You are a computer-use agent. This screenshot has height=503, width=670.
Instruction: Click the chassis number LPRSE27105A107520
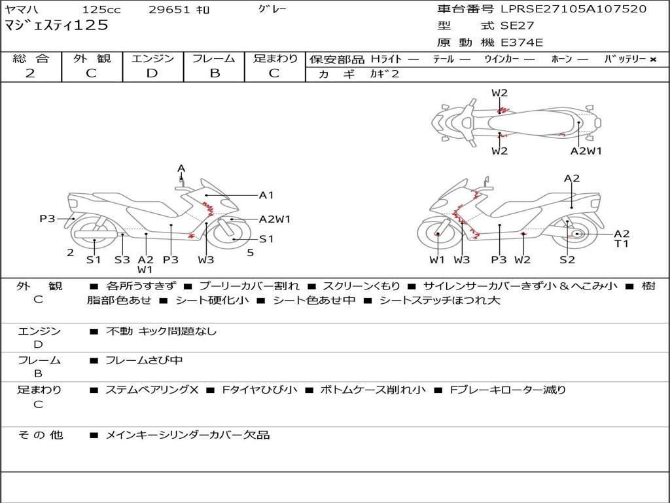[x=573, y=9]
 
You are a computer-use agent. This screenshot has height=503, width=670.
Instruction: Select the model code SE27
[x=517, y=26]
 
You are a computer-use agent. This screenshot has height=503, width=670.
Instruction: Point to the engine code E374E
[x=522, y=43]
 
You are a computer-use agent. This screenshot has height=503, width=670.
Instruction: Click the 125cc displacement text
[x=101, y=10]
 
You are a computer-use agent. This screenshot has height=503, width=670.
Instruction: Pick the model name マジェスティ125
[x=56, y=26]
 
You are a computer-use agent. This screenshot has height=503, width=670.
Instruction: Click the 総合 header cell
[x=31, y=58]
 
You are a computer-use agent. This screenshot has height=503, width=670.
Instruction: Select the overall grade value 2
[x=30, y=73]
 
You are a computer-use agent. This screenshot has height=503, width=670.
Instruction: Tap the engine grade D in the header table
[x=152, y=73]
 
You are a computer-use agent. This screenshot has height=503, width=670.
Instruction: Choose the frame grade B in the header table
[x=214, y=73]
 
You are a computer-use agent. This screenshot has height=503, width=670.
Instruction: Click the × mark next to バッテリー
[x=652, y=59]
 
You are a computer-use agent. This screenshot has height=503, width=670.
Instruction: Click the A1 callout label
[x=266, y=195]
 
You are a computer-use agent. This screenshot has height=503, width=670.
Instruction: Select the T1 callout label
[x=621, y=244]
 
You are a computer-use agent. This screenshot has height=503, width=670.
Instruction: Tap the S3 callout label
[x=122, y=259]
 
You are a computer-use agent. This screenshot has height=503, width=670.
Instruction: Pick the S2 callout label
[x=567, y=259]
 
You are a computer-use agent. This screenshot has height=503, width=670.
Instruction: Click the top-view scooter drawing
[x=516, y=122]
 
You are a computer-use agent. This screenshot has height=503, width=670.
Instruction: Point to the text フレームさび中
[x=144, y=360]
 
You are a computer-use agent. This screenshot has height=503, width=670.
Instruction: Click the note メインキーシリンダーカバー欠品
[x=188, y=435]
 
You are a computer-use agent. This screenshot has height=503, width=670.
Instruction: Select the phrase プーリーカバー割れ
[x=249, y=286]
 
